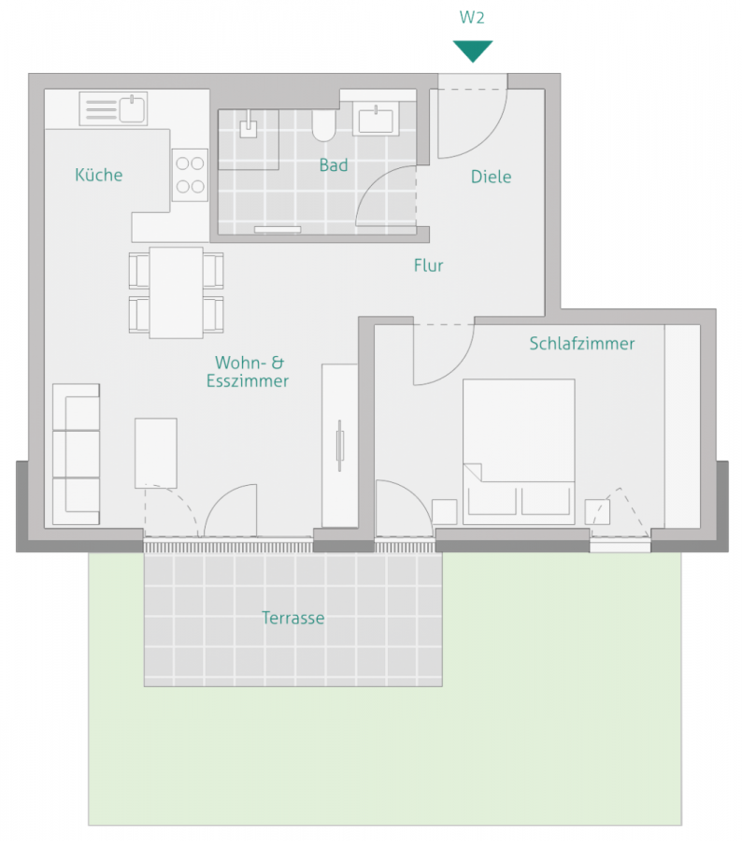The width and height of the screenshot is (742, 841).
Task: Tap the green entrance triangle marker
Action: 472,50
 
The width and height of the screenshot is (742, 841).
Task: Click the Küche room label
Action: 99,175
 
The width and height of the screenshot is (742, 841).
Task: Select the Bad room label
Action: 334,165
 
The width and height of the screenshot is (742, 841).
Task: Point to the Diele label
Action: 491,177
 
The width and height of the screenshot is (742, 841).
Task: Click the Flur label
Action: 428,265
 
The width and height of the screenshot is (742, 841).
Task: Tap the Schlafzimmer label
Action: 581,344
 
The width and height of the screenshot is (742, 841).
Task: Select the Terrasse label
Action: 293,618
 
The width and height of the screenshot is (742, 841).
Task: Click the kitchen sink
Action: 113,108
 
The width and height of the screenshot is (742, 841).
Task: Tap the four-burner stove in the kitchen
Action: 190,174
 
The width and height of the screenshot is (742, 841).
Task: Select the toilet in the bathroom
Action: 323,124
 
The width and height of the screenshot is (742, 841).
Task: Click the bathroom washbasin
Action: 378,119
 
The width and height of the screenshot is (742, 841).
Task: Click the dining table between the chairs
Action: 176,292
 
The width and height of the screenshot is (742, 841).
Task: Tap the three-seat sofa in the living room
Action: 76,453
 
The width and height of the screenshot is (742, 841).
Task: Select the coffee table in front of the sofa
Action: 156,453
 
